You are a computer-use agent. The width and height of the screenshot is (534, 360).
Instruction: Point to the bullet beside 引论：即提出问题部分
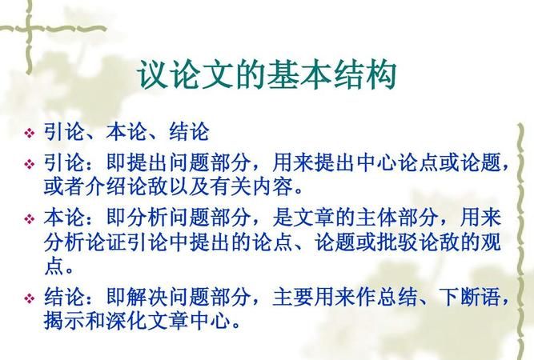(30, 164)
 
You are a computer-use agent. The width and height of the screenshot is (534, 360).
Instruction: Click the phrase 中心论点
(393, 164)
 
